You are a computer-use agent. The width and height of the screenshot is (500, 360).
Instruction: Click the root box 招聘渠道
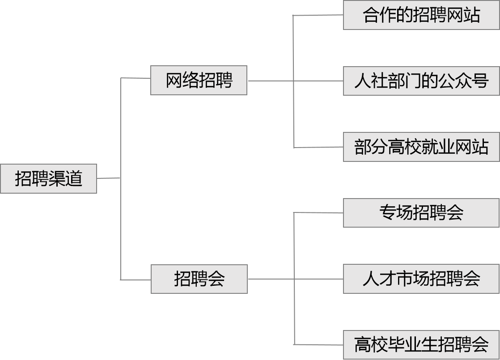[x=48, y=179]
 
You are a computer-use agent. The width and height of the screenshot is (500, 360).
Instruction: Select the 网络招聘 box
[x=199, y=80]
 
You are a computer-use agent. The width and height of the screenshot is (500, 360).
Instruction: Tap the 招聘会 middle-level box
[x=199, y=279]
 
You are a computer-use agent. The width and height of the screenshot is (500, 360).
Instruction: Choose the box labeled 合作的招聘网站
[x=421, y=15]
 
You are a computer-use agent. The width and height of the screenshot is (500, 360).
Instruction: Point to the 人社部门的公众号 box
[x=421, y=81]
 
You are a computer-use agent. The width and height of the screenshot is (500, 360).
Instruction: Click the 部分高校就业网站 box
[x=421, y=147]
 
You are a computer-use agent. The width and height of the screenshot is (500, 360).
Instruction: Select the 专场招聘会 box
[x=421, y=212]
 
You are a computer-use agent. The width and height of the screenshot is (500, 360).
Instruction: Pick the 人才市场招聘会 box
[x=421, y=279]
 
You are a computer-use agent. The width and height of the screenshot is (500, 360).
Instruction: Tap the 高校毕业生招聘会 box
[x=421, y=344]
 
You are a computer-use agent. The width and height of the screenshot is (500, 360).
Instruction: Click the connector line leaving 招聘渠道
[x=108, y=178]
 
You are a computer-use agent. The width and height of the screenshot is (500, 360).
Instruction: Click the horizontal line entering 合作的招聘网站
[x=318, y=15]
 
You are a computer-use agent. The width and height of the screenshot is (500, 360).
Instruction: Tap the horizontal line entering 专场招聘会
[x=318, y=212]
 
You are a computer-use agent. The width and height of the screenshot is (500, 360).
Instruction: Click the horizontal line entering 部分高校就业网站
[x=318, y=147]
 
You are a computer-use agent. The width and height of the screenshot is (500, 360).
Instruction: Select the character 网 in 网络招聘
[x=174, y=80]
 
